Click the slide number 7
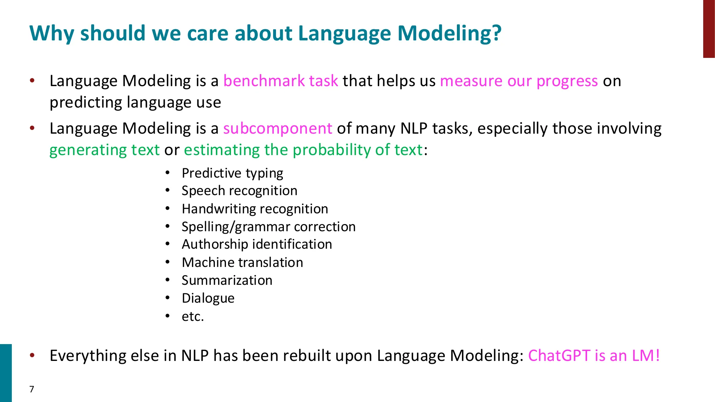tap(32, 389)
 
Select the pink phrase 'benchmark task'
tap(281, 81)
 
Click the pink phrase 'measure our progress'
tap(519, 81)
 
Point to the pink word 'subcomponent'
tap(277, 128)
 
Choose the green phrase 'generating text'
tap(104, 150)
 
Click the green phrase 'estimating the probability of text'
tap(303, 150)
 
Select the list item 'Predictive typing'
tap(232, 173)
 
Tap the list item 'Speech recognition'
tap(239, 191)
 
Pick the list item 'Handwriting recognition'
tap(255, 209)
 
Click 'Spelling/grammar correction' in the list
tap(268, 227)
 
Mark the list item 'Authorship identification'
tap(257, 244)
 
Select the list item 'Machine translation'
tap(242, 262)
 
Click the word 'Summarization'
tap(227, 280)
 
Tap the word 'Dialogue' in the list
tap(208, 298)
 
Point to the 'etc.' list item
tap(193, 316)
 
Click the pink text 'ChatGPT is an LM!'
tap(593, 356)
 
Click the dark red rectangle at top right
tap(709, 29)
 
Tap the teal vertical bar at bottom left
tap(6, 373)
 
